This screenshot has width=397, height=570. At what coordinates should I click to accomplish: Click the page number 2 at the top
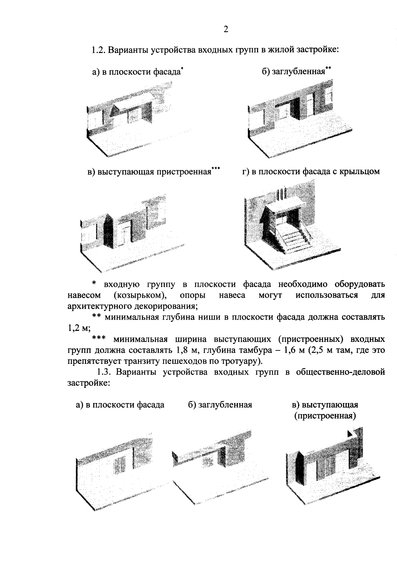[x=226, y=29]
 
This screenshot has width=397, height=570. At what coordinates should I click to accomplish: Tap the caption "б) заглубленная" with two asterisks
[x=296, y=71]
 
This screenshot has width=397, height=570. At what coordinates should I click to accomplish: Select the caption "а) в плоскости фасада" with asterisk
[x=137, y=72]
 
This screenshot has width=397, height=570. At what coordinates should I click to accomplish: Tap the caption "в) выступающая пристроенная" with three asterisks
[x=154, y=172]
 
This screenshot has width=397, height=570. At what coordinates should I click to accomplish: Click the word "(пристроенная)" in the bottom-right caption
[x=325, y=416]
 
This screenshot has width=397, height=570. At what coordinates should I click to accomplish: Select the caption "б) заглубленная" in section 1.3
[x=220, y=405]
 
